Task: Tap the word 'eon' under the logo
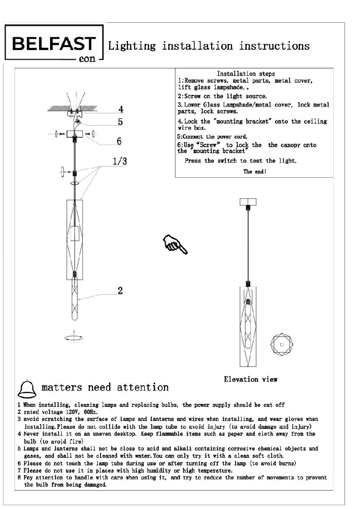pos(87,60)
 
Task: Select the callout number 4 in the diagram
pos(121,108)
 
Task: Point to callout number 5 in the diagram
pos(121,122)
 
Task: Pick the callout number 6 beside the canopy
pos(119,141)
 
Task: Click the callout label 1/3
pos(120,161)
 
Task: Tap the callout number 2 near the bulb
pos(120,291)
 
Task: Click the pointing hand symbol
pos(174,245)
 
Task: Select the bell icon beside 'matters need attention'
pos(26,387)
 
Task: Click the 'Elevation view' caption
pos(250,379)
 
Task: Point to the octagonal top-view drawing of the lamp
pos(281,344)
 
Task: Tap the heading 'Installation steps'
pos(246,74)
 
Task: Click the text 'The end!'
pos(255,172)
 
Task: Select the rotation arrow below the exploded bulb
pos(74,338)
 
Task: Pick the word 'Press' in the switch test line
pos(194,161)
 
